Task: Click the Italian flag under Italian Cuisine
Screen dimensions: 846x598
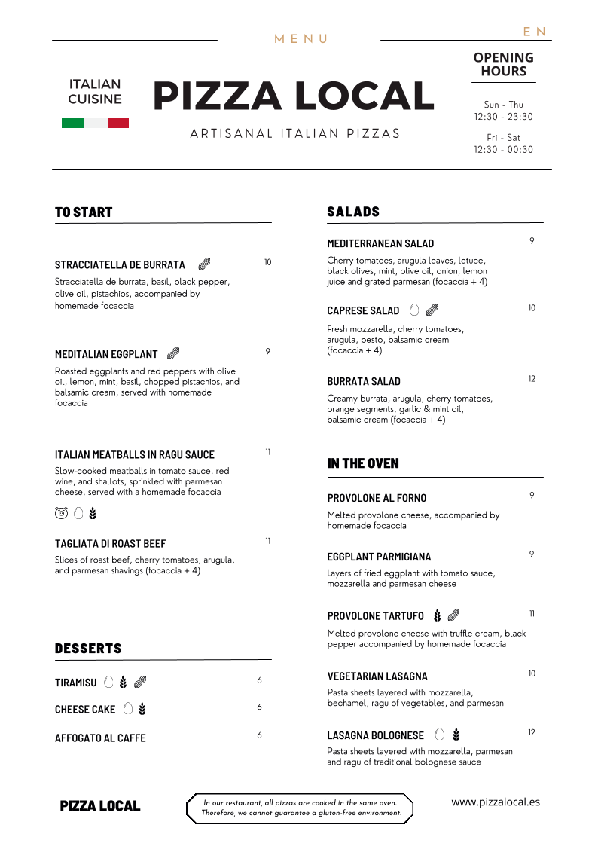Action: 95,123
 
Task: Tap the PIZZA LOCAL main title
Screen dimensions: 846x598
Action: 293,96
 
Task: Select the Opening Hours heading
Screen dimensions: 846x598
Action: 503,64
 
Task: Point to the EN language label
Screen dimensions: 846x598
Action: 535,32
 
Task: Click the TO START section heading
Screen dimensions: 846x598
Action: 84,212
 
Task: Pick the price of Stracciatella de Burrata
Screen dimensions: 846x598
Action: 267,262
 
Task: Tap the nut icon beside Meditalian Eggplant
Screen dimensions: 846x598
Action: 173,353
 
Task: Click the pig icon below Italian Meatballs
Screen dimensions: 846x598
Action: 61,514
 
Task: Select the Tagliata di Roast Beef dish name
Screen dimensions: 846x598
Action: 110,543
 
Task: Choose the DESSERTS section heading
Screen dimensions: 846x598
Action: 88,649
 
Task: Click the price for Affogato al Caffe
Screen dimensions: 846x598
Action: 259,735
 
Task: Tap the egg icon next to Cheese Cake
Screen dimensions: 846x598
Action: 128,709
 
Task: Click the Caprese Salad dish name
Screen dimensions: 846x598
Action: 363,310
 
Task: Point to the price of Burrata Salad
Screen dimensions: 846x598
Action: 532,379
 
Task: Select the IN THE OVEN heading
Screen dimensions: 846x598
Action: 363,463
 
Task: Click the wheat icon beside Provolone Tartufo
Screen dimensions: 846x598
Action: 437,616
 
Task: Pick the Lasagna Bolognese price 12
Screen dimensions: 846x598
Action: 532,732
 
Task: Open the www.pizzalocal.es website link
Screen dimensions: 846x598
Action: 496,802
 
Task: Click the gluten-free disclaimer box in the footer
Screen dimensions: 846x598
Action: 300,808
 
